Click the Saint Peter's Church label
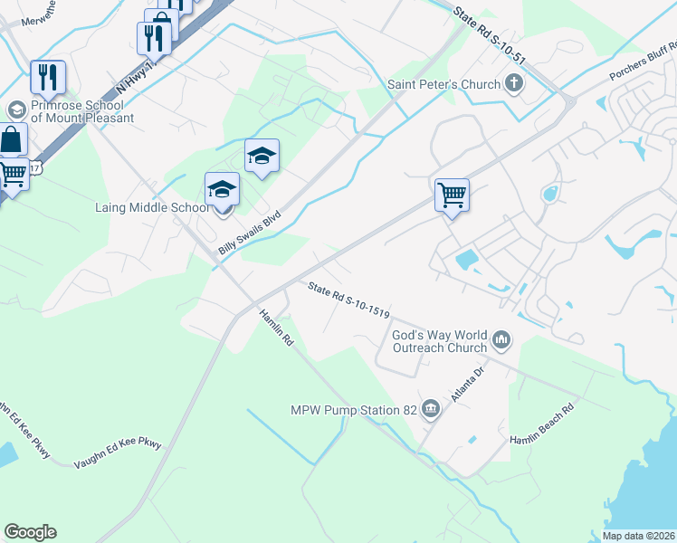tap(443, 85)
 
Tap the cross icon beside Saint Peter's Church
tap(514, 85)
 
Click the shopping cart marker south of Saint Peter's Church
tap(452, 195)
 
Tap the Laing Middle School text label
tap(152, 207)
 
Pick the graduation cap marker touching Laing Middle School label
tap(222, 192)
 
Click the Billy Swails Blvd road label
tap(251, 233)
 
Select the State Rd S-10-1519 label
tap(348, 301)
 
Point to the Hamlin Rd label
tap(277, 329)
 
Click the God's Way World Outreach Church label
tap(440, 341)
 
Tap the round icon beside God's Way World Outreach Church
tap(501, 342)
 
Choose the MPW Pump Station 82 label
tap(353, 410)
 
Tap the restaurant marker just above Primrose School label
tap(47, 78)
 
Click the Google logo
tap(31, 532)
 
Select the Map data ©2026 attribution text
tap(638, 536)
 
